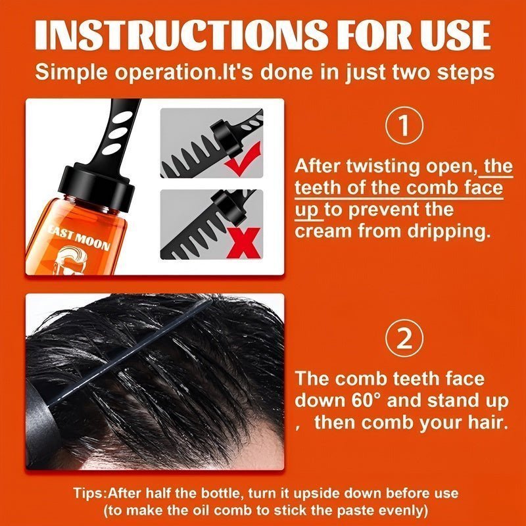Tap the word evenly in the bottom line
tap(392, 510)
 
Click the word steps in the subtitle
tap(463, 72)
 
